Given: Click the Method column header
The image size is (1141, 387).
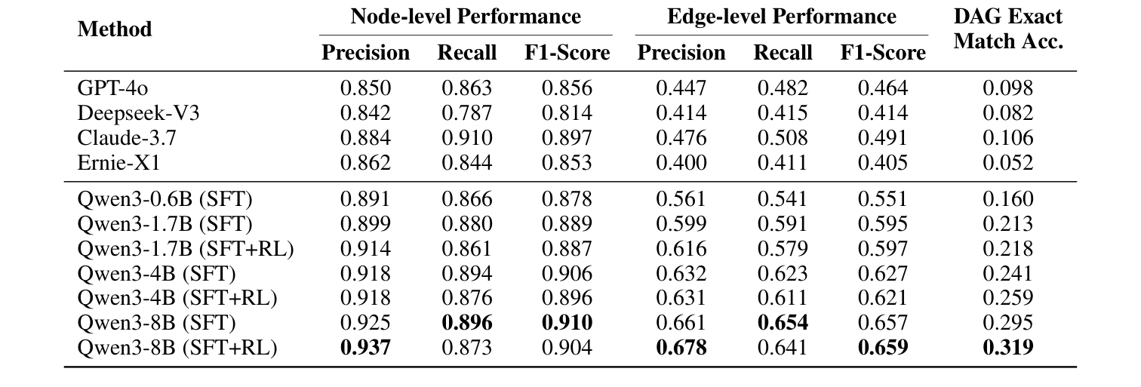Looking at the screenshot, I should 114,29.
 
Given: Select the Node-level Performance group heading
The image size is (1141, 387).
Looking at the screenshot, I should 466,17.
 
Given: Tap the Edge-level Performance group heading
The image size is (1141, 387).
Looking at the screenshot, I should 782,17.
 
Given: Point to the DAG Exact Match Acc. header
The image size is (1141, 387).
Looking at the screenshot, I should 1007,29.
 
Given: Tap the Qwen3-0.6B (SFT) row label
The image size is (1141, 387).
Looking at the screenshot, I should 165,199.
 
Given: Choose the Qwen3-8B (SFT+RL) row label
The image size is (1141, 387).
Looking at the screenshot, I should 177,348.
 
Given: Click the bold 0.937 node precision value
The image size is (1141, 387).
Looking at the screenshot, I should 366,348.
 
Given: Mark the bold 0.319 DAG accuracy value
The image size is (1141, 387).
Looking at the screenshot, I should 1007,348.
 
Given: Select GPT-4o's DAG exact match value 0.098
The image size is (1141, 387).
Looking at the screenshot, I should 1007,88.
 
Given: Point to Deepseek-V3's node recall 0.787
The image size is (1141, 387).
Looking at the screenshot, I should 466,113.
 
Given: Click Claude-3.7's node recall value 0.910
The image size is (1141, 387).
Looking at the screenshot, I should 466,138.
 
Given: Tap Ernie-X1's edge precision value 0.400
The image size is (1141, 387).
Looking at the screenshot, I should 681,163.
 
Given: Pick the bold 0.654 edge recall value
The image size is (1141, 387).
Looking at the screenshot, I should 783,323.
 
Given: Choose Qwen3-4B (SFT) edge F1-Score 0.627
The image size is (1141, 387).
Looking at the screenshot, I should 883,273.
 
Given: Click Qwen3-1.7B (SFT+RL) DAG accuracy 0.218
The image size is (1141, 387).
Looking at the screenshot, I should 1007,249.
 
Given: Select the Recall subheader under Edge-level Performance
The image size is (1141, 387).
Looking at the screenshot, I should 783,53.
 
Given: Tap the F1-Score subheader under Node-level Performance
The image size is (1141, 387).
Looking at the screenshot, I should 567,53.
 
